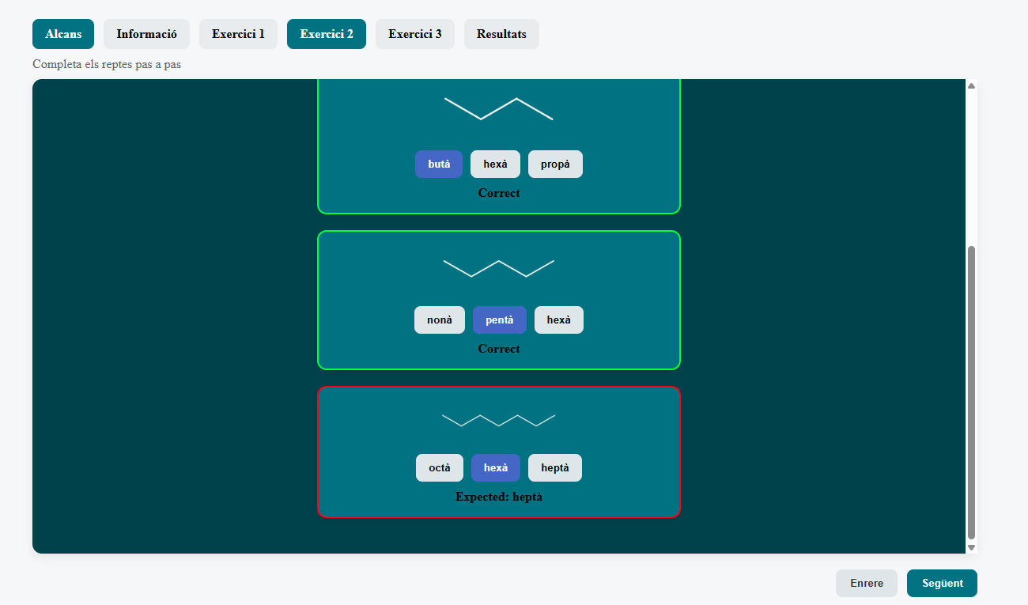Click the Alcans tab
click(x=63, y=34)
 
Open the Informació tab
click(x=146, y=34)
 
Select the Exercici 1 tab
click(x=238, y=34)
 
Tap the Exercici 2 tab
click(x=327, y=34)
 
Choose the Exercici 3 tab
click(x=415, y=34)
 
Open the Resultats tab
click(x=501, y=34)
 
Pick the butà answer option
click(x=439, y=164)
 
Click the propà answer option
click(x=555, y=164)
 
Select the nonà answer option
click(x=440, y=320)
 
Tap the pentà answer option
click(x=500, y=320)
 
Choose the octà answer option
click(x=440, y=467)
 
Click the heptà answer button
click(x=555, y=467)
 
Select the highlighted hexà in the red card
click(x=496, y=467)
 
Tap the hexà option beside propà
click(x=495, y=164)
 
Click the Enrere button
click(x=867, y=583)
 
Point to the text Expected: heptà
click(x=499, y=497)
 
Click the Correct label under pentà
click(x=499, y=349)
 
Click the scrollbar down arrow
click(x=971, y=547)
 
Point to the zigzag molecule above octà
click(x=499, y=421)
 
